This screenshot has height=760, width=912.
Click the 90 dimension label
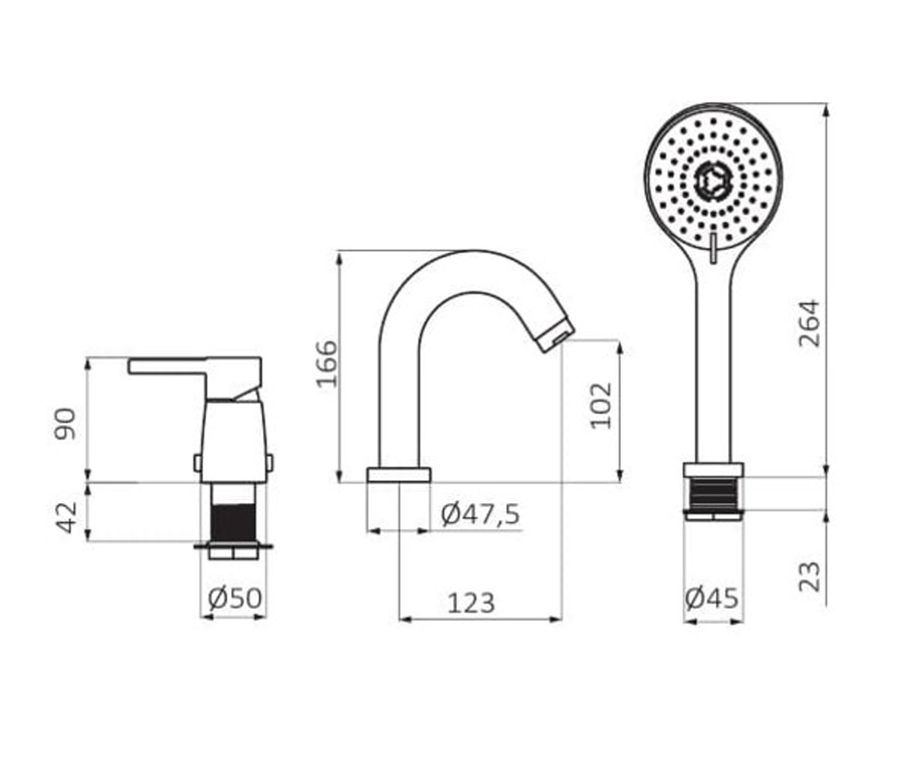(65, 423)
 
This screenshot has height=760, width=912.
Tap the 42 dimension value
(66, 517)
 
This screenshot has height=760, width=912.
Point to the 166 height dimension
(327, 364)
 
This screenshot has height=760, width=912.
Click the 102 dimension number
(601, 406)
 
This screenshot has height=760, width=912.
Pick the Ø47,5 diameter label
(480, 514)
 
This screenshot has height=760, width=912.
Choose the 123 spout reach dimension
(471, 603)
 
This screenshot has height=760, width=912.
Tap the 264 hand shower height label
(809, 323)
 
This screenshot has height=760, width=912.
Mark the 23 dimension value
(809, 577)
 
